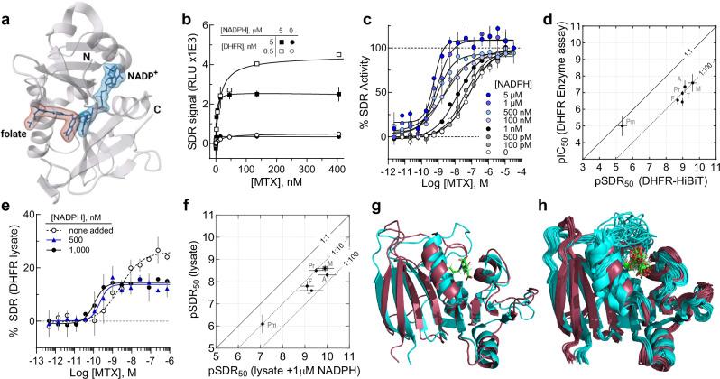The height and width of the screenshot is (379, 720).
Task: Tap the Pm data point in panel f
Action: [263, 323]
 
